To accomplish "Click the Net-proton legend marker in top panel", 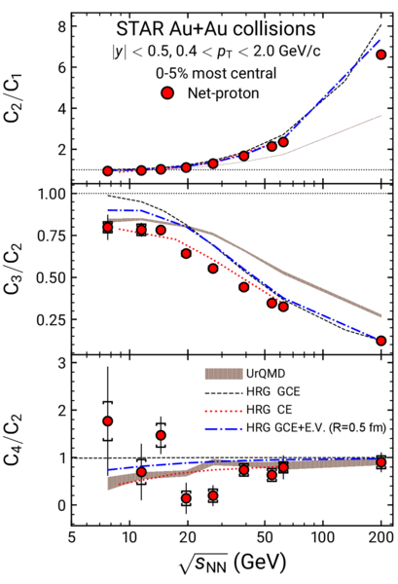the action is [167, 93].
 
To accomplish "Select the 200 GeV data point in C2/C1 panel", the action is [380, 55].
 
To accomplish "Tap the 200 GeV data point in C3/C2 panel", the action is [380, 341].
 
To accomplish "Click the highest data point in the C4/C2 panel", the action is [108, 421].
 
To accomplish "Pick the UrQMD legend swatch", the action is [224, 374].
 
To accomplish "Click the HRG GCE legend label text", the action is [272, 391].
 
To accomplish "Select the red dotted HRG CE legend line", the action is [224, 411].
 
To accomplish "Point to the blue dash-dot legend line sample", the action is [224, 429].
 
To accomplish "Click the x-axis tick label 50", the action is [265, 537].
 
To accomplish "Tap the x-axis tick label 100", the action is [323, 537].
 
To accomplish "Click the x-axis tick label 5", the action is [72, 537].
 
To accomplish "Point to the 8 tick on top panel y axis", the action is [62, 26].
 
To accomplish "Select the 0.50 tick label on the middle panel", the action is [52, 277].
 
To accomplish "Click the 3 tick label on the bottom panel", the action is [62, 362].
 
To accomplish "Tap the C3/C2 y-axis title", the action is [14, 269].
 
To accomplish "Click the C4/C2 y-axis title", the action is [14, 440].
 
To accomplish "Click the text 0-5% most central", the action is [216, 73].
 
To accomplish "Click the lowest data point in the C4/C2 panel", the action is [187, 498].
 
